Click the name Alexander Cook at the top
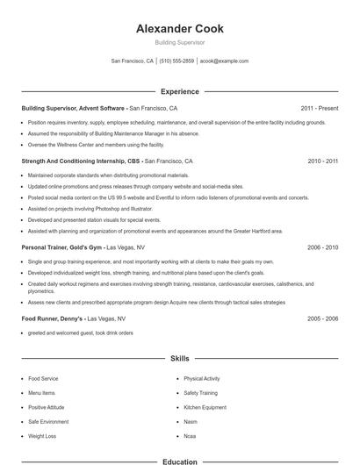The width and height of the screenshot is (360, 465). pyautogui.click(x=180, y=29)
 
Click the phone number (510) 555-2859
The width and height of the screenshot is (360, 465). pyautogui.click(x=176, y=61)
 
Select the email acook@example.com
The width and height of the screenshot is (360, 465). pyautogui.click(x=224, y=61)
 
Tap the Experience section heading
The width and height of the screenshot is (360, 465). pyautogui.click(x=180, y=91)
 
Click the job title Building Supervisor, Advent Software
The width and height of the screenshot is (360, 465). pyautogui.click(x=75, y=108)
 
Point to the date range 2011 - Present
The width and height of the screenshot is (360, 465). pyautogui.click(x=319, y=108)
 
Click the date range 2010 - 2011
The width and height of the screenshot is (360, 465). pyautogui.click(x=323, y=161)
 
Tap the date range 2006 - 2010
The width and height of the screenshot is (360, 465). pyautogui.click(x=323, y=247)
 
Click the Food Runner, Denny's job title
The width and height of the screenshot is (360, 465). pyautogui.click(x=53, y=318)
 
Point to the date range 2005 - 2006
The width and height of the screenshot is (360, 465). pyautogui.click(x=323, y=318)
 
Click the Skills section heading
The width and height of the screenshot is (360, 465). pyautogui.click(x=180, y=358)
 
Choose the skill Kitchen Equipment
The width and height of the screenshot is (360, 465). pyautogui.click(x=205, y=407)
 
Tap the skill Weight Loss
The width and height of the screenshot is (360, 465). pyautogui.click(x=41, y=436)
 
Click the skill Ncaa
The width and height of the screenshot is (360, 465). pyautogui.click(x=191, y=436)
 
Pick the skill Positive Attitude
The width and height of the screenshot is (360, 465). pyautogui.click(x=46, y=407)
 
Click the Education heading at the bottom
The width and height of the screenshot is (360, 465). pyautogui.click(x=180, y=461)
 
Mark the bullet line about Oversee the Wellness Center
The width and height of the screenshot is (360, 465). pyautogui.click(x=96, y=145)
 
